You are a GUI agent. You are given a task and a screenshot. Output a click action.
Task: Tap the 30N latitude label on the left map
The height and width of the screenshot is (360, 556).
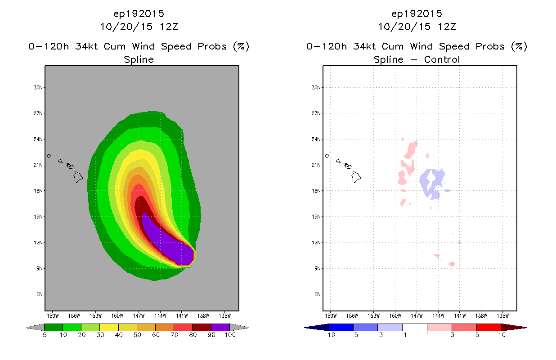pyautogui.click(x=38, y=87)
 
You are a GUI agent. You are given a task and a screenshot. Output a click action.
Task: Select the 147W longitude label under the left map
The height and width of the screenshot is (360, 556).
pyautogui.click(x=139, y=316)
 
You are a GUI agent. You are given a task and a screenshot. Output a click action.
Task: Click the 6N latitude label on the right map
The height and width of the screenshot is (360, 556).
pyautogui.click(x=318, y=294)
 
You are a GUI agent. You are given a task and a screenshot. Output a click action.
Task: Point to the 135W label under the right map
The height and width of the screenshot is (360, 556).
pyautogui.click(x=502, y=316)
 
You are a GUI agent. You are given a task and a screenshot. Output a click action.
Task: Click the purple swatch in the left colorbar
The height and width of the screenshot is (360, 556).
pyautogui.click(x=220, y=327)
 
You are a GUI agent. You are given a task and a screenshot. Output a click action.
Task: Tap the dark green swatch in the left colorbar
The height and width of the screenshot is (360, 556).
pyautogui.click(x=54, y=327)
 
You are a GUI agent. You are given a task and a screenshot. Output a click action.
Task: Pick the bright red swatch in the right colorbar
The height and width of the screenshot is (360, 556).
pyautogui.click(x=489, y=327)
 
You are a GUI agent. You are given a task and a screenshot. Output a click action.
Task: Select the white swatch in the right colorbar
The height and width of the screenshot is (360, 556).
pyautogui.click(x=415, y=327)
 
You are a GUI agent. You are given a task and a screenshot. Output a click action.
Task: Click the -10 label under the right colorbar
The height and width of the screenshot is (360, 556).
pyautogui.click(x=329, y=335)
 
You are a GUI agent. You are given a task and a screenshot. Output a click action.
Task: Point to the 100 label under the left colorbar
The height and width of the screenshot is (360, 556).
pyautogui.click(x=230, y=335)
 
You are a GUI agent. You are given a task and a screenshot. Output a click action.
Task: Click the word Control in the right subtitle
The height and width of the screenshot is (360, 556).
pyautogui.click(x=442, y=60)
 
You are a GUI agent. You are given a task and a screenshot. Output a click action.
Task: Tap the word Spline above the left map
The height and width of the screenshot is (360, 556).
pyautogui.click(x=139, y=60)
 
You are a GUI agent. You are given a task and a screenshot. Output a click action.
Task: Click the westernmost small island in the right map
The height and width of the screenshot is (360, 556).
pyautogui.click(x=327, y=156)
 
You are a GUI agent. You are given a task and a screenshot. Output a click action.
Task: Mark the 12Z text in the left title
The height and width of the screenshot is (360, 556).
pyautogui.click(x=169, y=27)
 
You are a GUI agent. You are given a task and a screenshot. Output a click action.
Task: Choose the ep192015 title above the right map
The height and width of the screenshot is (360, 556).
pyautogui.click(x=417, y=14)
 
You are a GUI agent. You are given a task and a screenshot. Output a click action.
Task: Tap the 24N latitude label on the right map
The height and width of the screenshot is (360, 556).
pyautogui.click(x=316, y=139)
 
